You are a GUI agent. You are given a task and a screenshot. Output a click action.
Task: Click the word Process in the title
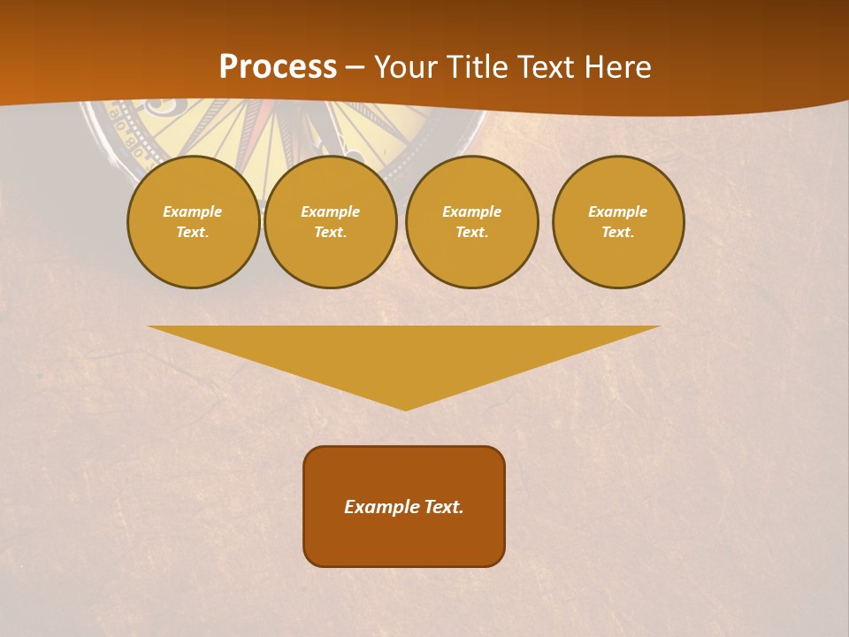278,67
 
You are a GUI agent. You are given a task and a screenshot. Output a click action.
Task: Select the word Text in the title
545,67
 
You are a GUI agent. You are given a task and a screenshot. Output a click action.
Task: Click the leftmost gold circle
194,222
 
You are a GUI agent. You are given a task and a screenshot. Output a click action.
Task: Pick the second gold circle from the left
331,222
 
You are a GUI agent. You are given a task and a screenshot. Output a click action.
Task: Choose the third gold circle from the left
472,222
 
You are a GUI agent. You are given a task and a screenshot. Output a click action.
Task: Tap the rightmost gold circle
618,222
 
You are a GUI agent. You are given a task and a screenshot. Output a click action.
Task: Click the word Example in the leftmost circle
193,211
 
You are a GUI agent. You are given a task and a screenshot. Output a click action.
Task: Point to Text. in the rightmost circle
618,233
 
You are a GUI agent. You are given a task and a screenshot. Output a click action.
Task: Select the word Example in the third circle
472,211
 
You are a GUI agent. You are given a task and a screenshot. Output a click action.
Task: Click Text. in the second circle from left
331,233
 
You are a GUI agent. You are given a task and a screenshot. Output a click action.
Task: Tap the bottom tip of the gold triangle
405,408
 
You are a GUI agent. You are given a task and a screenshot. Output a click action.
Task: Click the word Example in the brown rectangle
380,507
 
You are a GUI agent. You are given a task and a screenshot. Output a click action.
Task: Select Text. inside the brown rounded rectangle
442,507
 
